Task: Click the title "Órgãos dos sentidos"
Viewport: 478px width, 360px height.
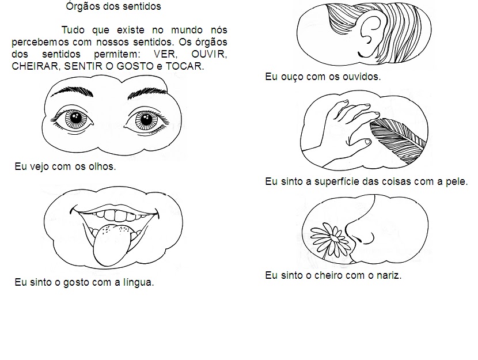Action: (113, 6)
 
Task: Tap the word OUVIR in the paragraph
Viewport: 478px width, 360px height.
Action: (209, 54)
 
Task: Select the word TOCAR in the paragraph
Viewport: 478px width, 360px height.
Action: (185, 66)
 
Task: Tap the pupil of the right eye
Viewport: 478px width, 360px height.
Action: (146, 119)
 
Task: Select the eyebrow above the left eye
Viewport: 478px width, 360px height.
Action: (72, 91)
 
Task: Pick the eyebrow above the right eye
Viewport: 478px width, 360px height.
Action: (147, 93)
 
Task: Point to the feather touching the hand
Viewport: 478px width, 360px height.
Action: (398, 139)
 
